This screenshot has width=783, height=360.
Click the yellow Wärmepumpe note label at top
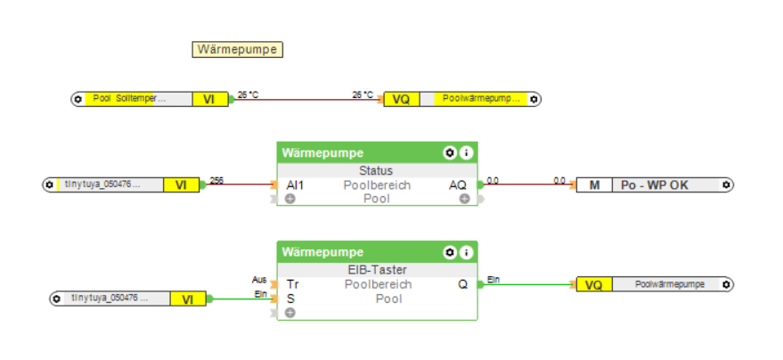238,50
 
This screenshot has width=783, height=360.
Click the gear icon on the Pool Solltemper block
78,99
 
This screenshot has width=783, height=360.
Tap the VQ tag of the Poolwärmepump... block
401,99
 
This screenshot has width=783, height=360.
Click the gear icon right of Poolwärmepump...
533,99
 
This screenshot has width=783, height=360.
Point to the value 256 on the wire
216,180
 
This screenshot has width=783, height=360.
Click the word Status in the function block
376,170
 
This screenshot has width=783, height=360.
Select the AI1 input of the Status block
295,185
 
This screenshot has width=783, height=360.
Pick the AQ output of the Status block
456,185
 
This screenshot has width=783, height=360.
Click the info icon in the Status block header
466,153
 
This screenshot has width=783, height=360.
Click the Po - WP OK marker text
655,185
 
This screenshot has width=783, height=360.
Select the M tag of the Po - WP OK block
593,185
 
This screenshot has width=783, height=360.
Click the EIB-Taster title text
376,270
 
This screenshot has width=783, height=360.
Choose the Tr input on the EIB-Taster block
292,284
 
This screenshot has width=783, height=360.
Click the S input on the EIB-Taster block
290,299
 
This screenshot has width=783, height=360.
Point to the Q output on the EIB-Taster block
462,284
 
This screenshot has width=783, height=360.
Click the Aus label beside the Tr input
259,280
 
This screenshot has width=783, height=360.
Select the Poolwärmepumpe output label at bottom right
669,284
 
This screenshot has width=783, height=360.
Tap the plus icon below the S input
290,313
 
